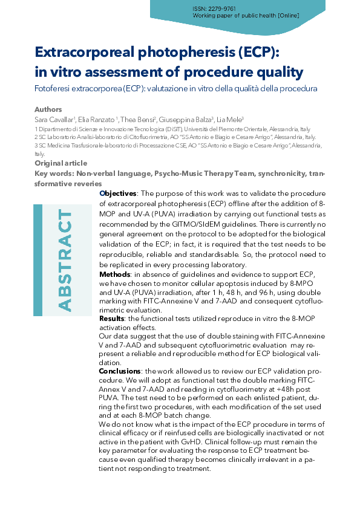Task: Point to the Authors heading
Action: coord(48,109)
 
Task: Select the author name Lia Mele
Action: coord(231,120)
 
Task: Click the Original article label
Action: coord(61,163)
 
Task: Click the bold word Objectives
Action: coord(118,193)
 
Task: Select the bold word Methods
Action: coord(114,274)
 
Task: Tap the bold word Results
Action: coord(112,318)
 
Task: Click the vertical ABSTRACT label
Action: coord(63,261)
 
